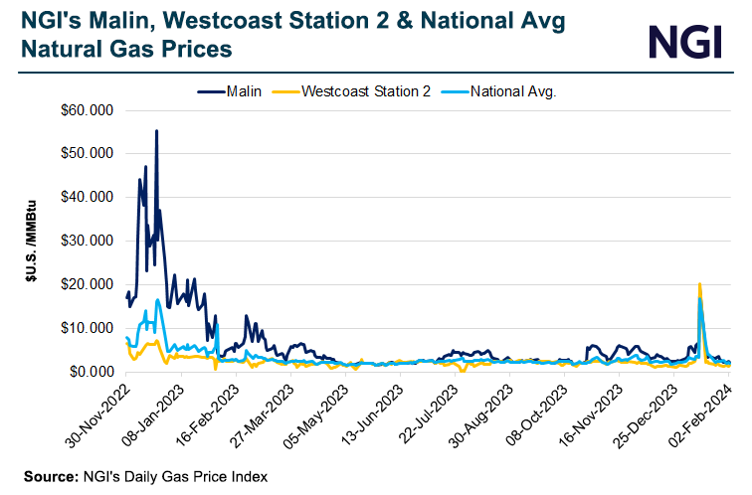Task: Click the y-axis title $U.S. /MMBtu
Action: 32,241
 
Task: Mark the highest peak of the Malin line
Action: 156,130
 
